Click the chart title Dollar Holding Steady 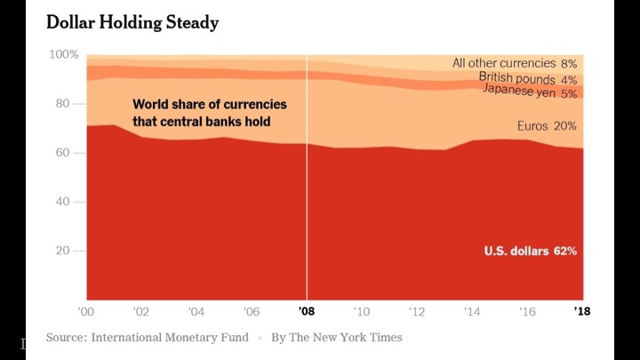(132, 22)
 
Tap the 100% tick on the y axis (64, 55)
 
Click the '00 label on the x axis (86, 312)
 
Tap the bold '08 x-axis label (307, 312)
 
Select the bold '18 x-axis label (582, 312)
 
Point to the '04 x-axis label (196, 312)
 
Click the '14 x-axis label (472, 312)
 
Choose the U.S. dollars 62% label (531, 252)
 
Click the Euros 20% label (547, 126)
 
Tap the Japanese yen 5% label (530, 92)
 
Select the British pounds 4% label (529, 78)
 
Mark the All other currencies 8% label (515, 63)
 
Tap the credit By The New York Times (336, 338)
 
